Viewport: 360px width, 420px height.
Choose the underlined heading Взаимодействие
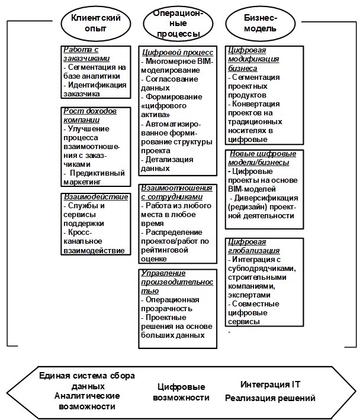(95, 196)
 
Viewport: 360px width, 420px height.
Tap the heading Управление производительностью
(172, 282)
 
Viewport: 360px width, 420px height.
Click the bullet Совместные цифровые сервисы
(255, 312)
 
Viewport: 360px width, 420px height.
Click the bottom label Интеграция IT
(266, 384)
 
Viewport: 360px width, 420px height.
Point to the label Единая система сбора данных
(87, 380)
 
